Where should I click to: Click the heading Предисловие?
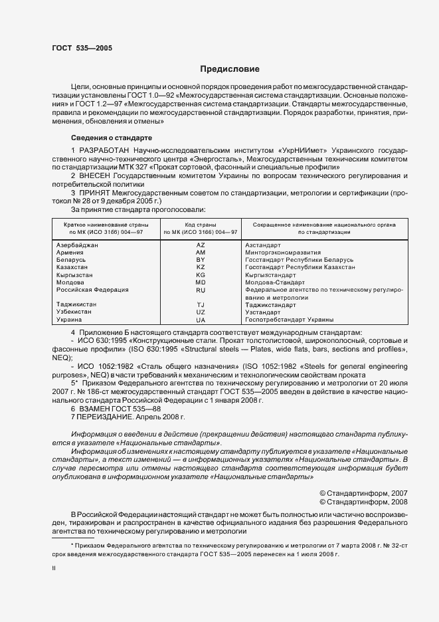[230, 68]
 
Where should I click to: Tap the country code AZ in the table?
[201, 245]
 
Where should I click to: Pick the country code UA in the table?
[201, 320]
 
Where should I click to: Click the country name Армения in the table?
[70, 253]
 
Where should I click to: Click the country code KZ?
[201, 267]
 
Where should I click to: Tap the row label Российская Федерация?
[92, 290]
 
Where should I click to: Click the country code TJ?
[201, 304]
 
